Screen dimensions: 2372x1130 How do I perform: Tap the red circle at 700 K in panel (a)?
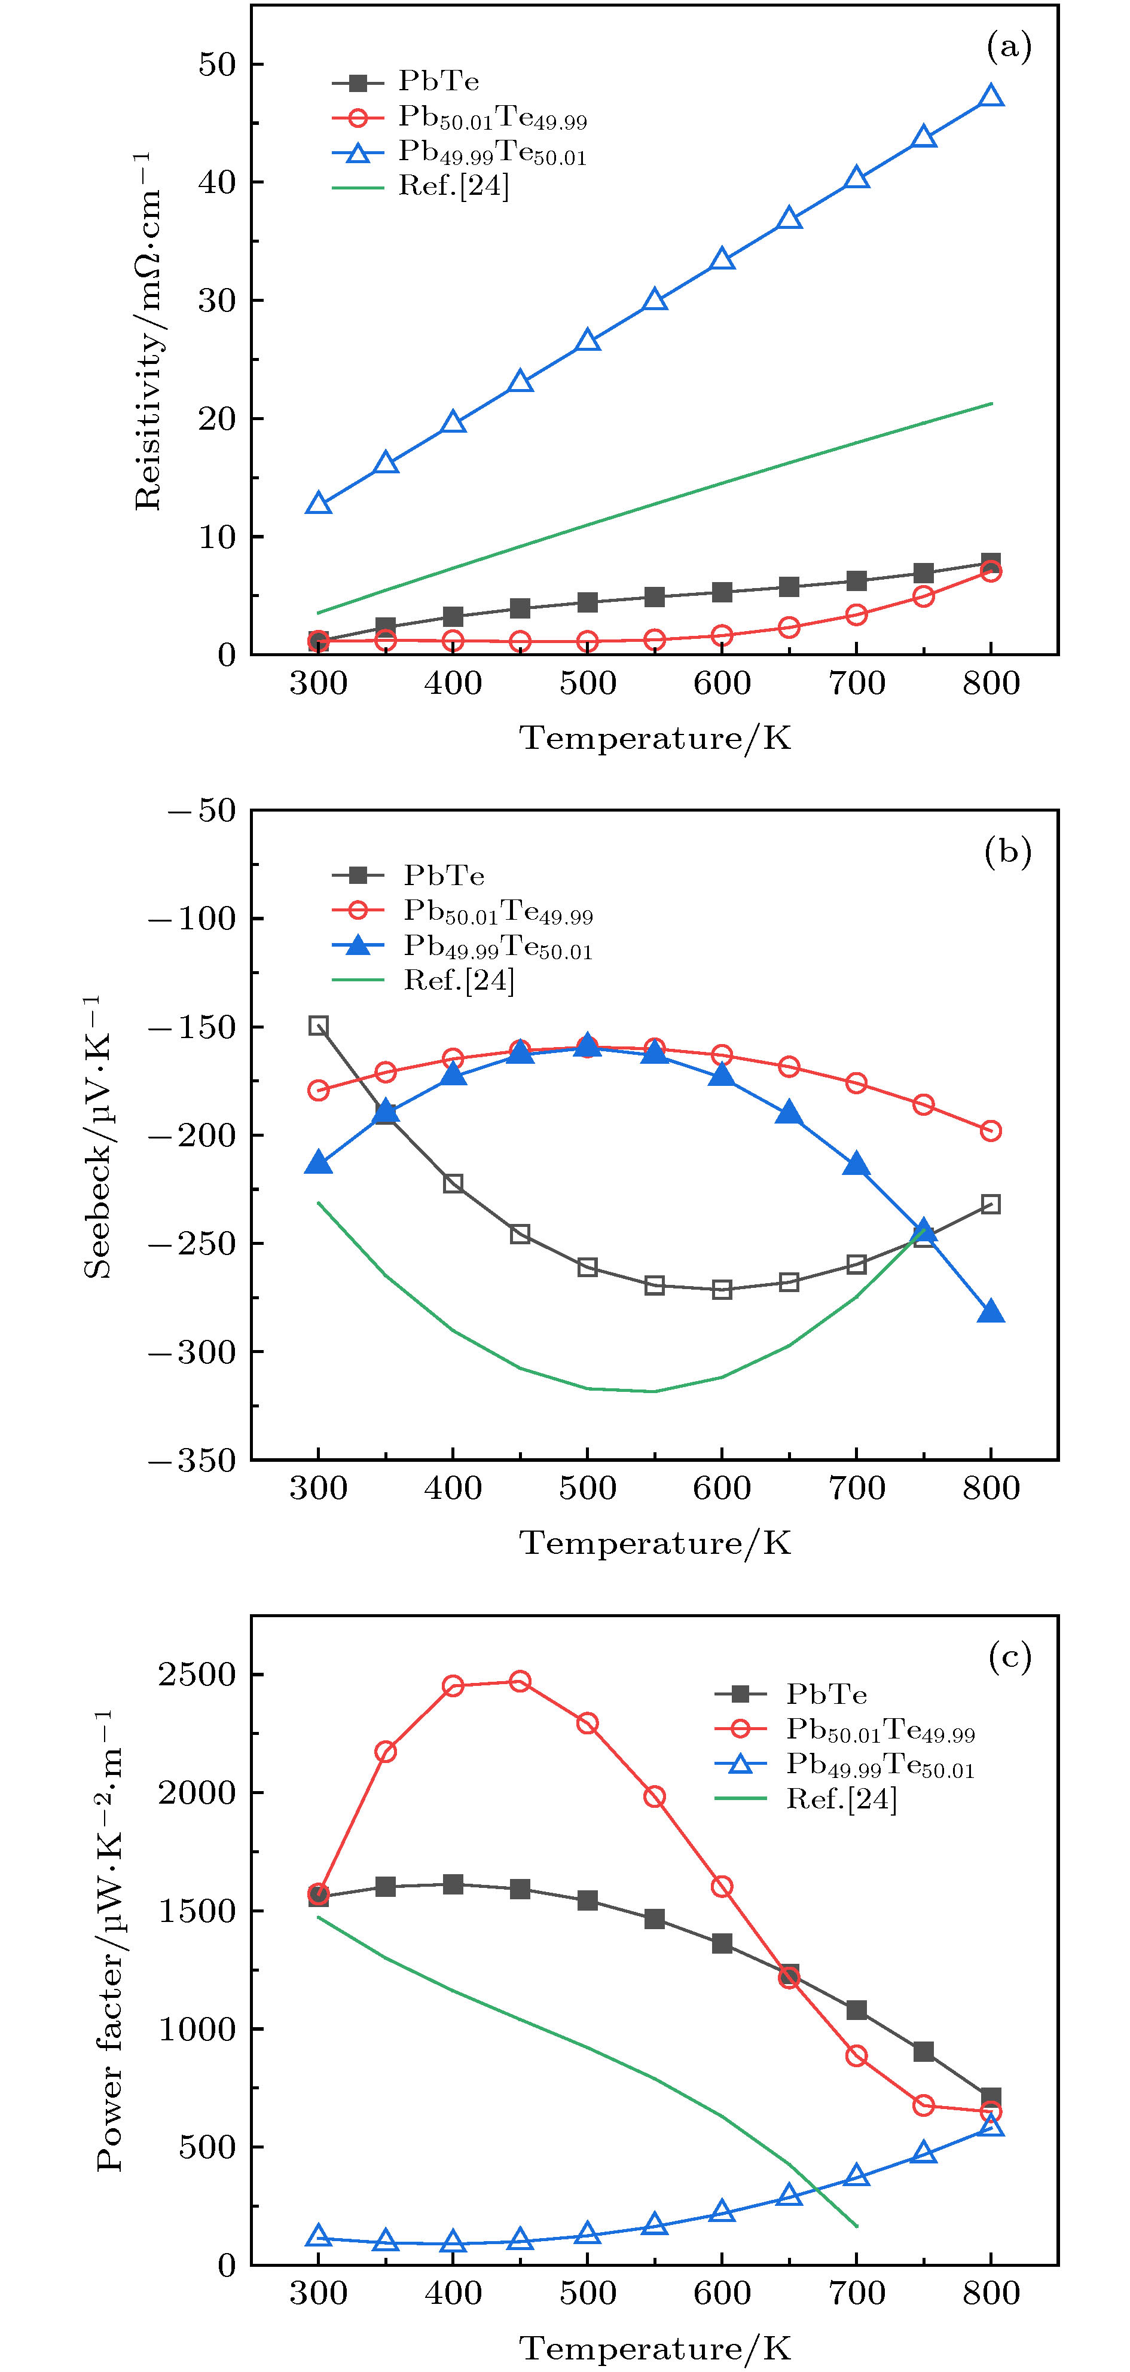tap(857, 614)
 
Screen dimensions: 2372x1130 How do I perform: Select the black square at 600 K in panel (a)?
tap(722, 592)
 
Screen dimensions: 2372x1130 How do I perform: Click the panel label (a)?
tap(1009, 46)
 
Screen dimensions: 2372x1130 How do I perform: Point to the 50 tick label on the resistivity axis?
tap(218, 65)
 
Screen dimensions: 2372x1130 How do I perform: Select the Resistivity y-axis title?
tap(147, 332)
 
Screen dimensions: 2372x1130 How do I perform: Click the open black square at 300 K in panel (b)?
tap(319, 1026)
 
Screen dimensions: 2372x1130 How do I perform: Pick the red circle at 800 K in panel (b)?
tap(991, 1131)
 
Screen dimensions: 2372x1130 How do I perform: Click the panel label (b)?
tap(1009, 852)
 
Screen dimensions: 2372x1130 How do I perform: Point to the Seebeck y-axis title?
tap(97, 1137)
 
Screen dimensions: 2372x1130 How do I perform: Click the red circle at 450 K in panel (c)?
tap(520, 1681)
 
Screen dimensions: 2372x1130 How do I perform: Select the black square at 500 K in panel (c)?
tap(588, 1900)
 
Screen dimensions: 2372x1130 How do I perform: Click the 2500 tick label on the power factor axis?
tap(197, 1674)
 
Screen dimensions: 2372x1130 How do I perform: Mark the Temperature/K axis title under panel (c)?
tap(655, 2347)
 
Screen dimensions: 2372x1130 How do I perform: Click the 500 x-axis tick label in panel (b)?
tap(588, 1489)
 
